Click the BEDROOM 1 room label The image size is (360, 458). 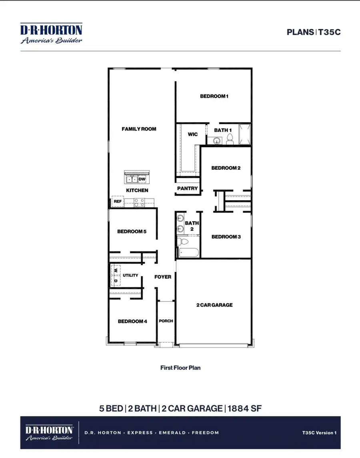214,96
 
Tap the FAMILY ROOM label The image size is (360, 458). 139,129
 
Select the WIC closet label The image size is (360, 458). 193,134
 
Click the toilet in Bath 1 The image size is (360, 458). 230,139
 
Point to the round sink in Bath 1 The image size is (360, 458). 217,141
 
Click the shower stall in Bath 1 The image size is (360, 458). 245,135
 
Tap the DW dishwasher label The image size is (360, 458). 142,179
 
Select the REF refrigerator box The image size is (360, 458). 118,202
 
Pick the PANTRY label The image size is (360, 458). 188,188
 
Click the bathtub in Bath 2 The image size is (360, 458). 188,253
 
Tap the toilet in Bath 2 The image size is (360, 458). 182,241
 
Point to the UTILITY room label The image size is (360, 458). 130,275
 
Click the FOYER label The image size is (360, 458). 163,277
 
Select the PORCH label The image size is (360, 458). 166,321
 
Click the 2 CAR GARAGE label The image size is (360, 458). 214,305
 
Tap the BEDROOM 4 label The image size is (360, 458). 132,321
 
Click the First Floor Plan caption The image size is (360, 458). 180,368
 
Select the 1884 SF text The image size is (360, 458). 244,408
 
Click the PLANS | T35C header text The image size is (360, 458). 314,32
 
